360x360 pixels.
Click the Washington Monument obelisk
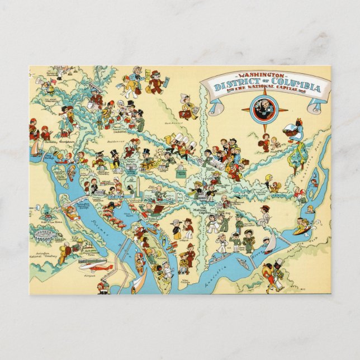tap(134, 188)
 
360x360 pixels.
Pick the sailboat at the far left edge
tap(36, 148)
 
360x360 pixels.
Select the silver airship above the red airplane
tap(92, 260)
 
